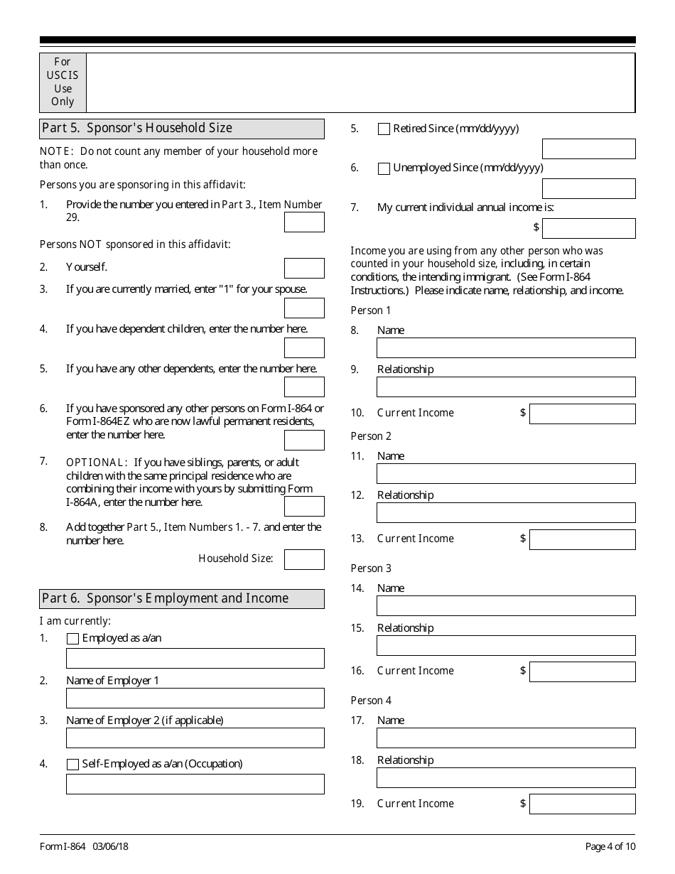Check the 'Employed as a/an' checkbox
[x=72, y=639]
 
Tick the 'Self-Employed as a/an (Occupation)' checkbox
[x=72, y=765]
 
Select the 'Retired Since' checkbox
[x=384, y=129]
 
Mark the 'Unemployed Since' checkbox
[x=384, y=169]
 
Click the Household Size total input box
[x=304, y=559]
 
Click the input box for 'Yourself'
[x=304, y=268]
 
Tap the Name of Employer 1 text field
[x=195, y=698]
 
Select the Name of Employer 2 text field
[x=195, y=738]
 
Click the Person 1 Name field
[x=506, y=347]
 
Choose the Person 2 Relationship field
[x=506, y=512]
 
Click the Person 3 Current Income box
[x=582, y=671]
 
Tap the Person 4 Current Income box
[x=582, y=804]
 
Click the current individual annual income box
[x=588, y=228]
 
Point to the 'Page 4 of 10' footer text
[x=610, y=846]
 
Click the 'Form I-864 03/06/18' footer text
[x=84, y=846]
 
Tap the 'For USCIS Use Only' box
[x=63, y=82]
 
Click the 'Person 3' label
[x=371, y=568]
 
